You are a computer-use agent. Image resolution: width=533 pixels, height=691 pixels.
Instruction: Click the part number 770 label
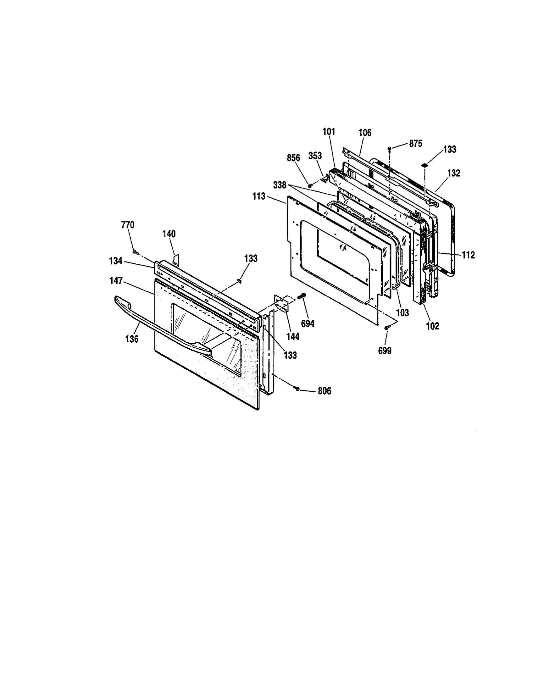click(128, 225)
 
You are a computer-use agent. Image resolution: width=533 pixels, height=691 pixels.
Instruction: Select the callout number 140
click(169, 234)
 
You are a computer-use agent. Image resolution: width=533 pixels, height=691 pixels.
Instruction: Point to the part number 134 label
click(116, 261)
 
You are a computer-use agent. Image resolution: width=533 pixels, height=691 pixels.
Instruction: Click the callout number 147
click(116, 281)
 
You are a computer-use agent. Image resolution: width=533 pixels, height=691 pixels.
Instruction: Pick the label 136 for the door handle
click(132, 339)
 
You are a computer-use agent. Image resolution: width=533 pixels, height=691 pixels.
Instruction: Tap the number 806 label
click(324, 391)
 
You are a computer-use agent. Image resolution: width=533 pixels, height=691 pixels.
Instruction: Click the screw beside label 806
click(296, 388)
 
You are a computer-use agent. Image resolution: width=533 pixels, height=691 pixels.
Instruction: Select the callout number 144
click(293, 337)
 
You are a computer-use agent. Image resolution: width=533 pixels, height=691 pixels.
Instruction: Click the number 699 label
click(385, 350)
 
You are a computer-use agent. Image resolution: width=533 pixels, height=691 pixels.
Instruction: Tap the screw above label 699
click(386, 328)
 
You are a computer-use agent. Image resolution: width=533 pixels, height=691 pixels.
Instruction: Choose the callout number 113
click(259, 196)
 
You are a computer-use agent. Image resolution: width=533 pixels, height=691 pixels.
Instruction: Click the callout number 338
click(279, 185)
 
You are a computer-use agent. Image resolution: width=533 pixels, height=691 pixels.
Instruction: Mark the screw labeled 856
click(310, 185)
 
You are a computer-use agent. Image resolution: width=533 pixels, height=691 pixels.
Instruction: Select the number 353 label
click(315, 156)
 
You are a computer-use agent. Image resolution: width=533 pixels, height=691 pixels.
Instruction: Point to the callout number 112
click(468, 255)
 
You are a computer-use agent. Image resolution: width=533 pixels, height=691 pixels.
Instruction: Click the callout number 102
click(433, 326)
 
